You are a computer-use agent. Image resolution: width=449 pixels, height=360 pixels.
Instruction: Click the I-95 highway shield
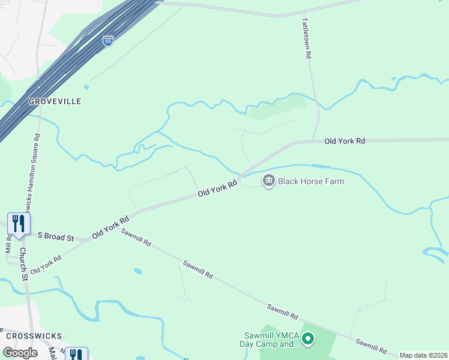107,41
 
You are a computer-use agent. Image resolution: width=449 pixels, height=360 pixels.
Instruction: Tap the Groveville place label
55,102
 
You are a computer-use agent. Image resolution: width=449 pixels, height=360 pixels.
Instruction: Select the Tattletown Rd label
307,37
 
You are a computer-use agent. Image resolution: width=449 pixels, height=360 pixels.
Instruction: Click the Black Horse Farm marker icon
268,181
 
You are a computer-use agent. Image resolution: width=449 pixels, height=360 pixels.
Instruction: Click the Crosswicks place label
34,336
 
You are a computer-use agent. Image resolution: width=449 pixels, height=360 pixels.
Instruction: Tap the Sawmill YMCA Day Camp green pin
308,340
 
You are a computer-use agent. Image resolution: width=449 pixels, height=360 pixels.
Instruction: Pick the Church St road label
23,264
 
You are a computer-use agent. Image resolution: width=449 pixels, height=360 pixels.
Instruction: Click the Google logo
20,353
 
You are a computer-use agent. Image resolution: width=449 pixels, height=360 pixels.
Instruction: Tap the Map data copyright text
423,355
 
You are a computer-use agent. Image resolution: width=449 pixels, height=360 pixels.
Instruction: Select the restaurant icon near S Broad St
19,224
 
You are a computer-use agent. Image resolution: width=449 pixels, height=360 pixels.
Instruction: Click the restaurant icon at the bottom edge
76,354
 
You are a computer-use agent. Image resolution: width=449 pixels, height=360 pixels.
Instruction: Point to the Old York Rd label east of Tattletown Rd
345,141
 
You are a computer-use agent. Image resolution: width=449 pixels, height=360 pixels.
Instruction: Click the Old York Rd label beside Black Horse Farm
218,189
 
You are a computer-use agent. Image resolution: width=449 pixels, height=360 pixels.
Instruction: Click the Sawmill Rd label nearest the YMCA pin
283,311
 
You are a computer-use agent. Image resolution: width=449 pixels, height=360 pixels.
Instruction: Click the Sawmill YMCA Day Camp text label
271,340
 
